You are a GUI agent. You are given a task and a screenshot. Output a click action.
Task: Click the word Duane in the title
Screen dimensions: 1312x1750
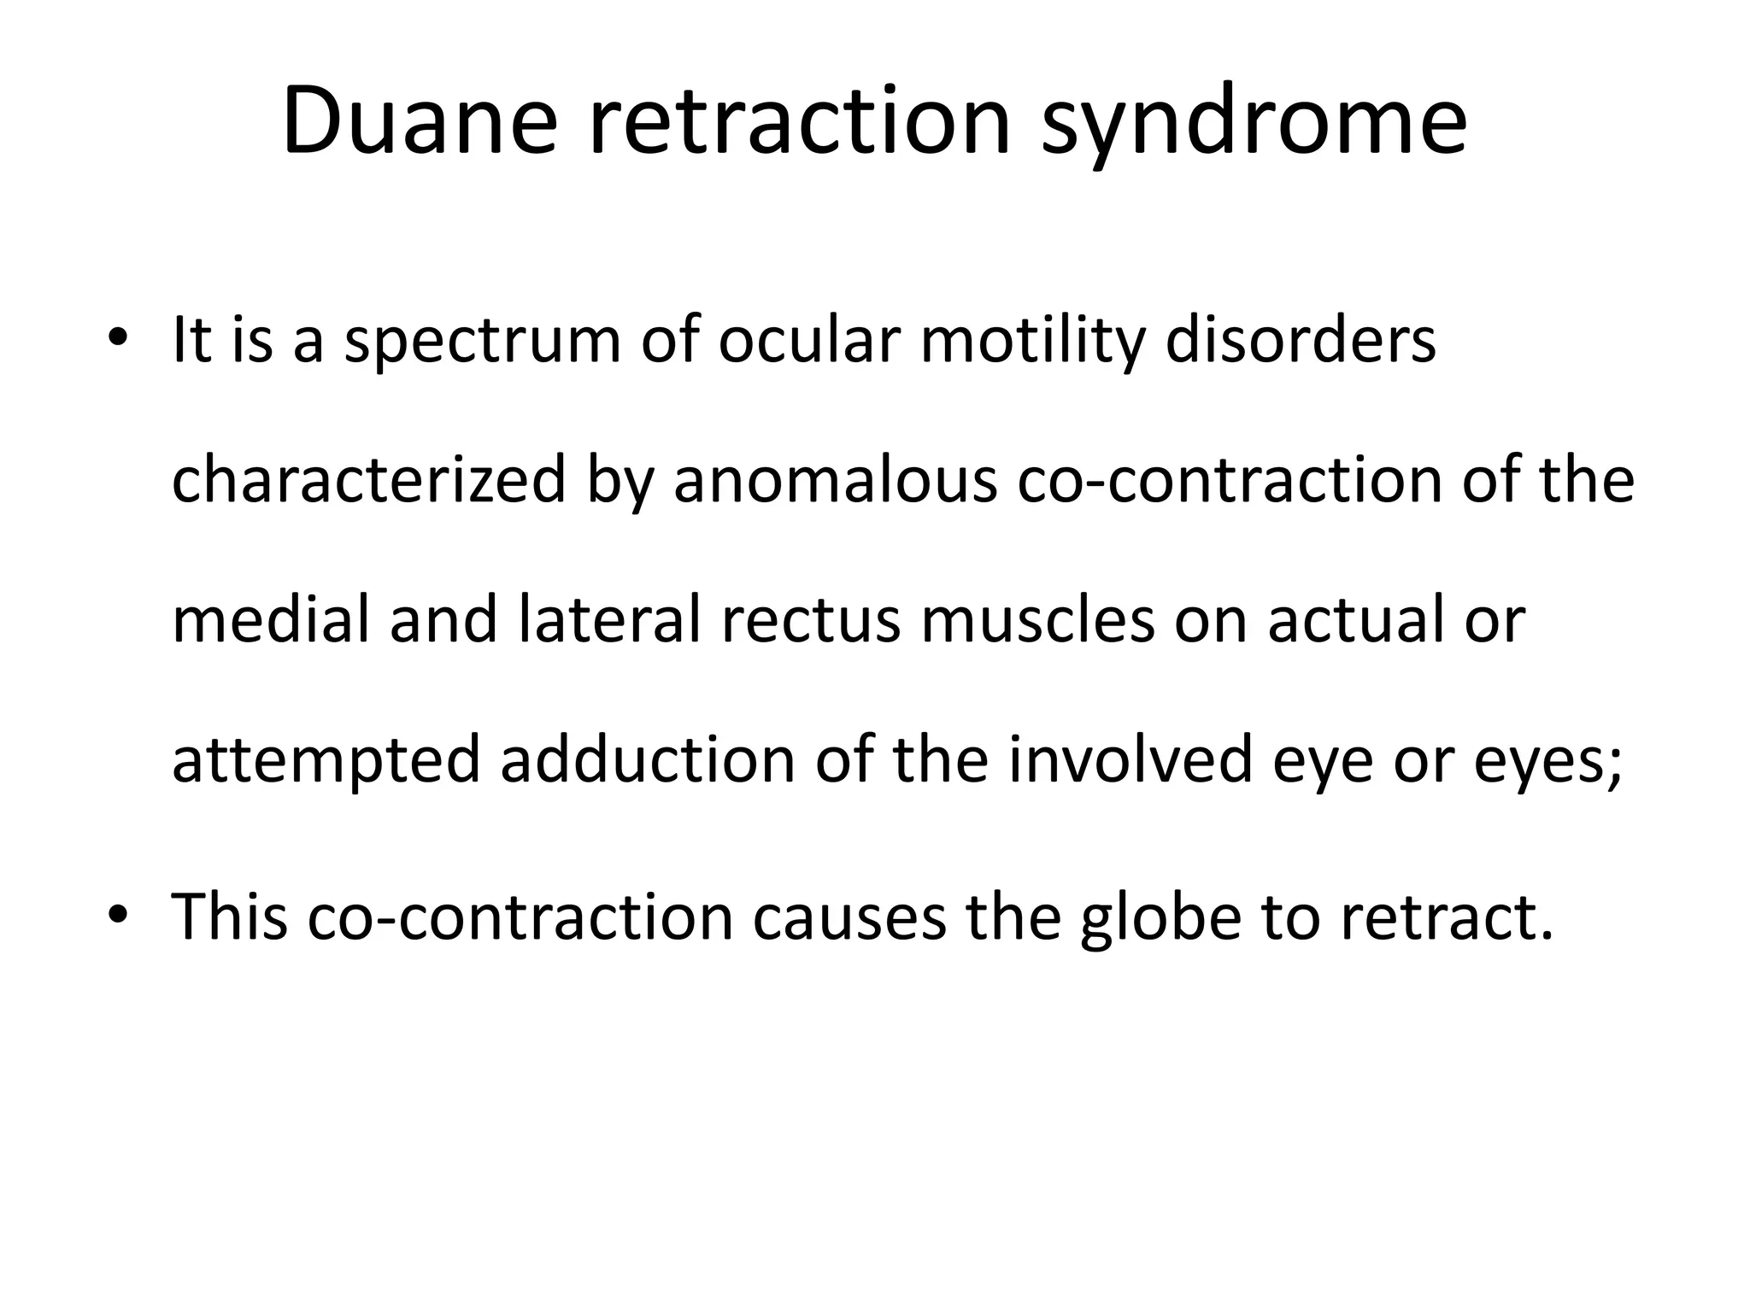pyautogui.click(x=420, y=122)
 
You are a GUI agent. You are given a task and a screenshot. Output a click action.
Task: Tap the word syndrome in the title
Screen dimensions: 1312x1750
pyautogui.click(x=1254, y=122)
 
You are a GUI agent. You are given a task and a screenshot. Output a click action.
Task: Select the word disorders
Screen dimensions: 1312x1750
pyautogui.click(x=1301, y=340)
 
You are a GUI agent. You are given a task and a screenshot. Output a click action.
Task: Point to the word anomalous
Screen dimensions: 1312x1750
pyautogui.click(x=835, y=480)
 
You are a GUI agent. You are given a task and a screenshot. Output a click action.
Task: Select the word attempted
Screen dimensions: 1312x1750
pyautogui.click(x=326, y=760)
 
